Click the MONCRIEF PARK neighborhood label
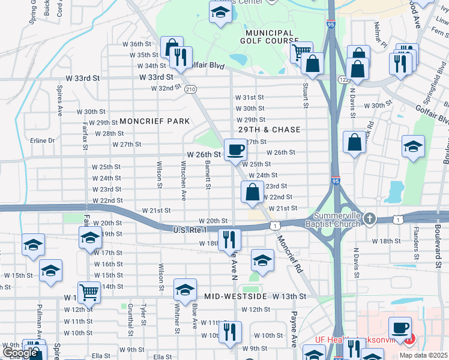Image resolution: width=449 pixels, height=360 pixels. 154,121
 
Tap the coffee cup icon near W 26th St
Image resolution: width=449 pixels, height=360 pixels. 235,149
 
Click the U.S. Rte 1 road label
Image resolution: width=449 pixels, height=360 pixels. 189,230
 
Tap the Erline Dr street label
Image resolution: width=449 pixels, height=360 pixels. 43,140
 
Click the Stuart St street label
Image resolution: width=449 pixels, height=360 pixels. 306,96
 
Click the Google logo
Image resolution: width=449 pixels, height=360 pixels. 20,353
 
